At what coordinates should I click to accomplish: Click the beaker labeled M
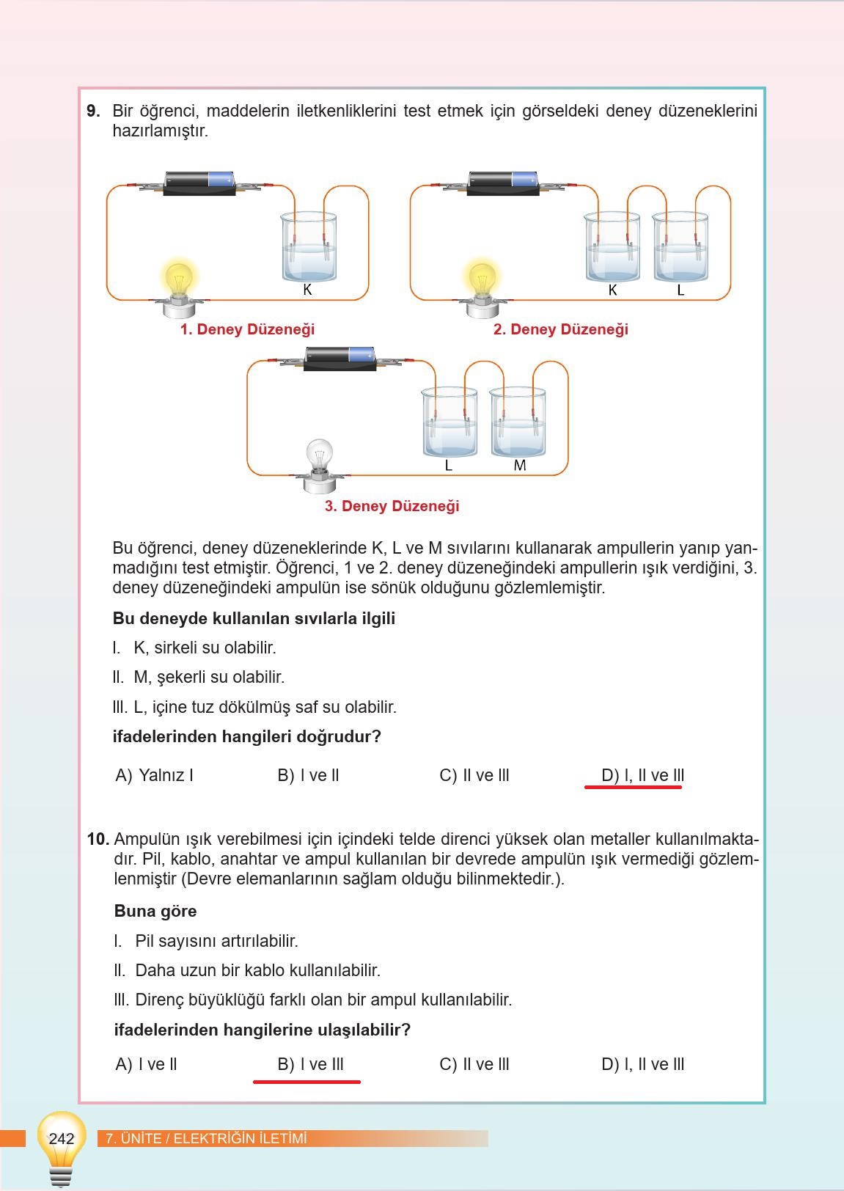(x=518, y=424)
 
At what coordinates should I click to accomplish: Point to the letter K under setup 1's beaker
(x=307, y=290)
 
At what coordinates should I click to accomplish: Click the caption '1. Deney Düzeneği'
(x=247, y=329)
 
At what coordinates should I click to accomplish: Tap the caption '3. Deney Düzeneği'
(x=392, y=506)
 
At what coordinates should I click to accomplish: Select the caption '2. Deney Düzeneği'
(x=560, y=329)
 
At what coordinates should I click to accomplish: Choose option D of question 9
(x=642, y=775)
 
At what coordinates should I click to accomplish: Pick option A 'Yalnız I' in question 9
(x=155, y=775)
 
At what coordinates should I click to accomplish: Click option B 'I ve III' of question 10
(x=310, y=1064)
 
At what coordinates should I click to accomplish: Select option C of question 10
(x=474, y=1064)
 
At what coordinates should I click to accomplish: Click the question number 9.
(x=93, y=111)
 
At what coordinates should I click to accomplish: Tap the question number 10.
(x=98, y=839)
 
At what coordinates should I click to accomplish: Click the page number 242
(x=62, y=1138)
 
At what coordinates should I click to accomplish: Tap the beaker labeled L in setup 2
(x=680, y=247)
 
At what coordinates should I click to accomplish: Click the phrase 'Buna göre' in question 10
(x=155, y=911)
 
